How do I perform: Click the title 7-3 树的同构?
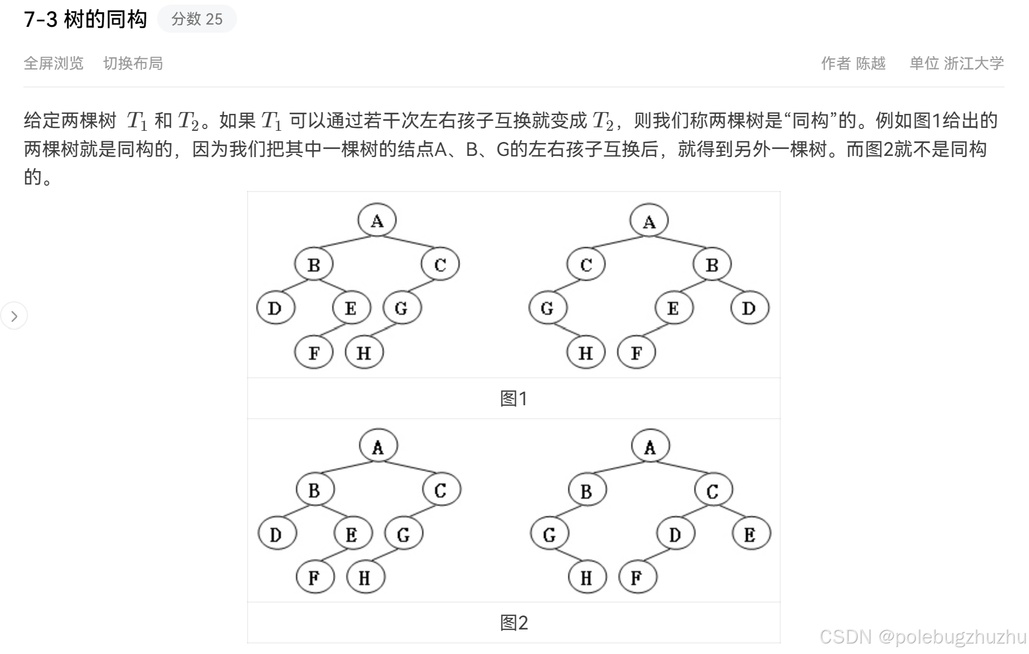[85, 19]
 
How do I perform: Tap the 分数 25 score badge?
[197, 19]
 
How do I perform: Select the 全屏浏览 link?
[54, 63]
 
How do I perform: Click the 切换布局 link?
[133, 63]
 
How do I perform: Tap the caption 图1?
[514, 398]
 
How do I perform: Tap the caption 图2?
[514, 622]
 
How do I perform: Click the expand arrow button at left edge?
[14, 316]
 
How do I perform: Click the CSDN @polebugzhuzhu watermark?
[923, 636]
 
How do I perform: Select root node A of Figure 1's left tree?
[377, 221]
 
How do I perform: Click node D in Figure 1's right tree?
[749, 308]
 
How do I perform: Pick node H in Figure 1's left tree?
[364, 353]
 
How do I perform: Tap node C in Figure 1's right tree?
[586, 265]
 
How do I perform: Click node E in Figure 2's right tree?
[750, 534]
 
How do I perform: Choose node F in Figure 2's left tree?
[314, 578]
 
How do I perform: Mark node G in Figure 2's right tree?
[549, 534]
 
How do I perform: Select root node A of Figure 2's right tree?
[650, 447]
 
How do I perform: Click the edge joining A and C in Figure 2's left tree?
[411, 467]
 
